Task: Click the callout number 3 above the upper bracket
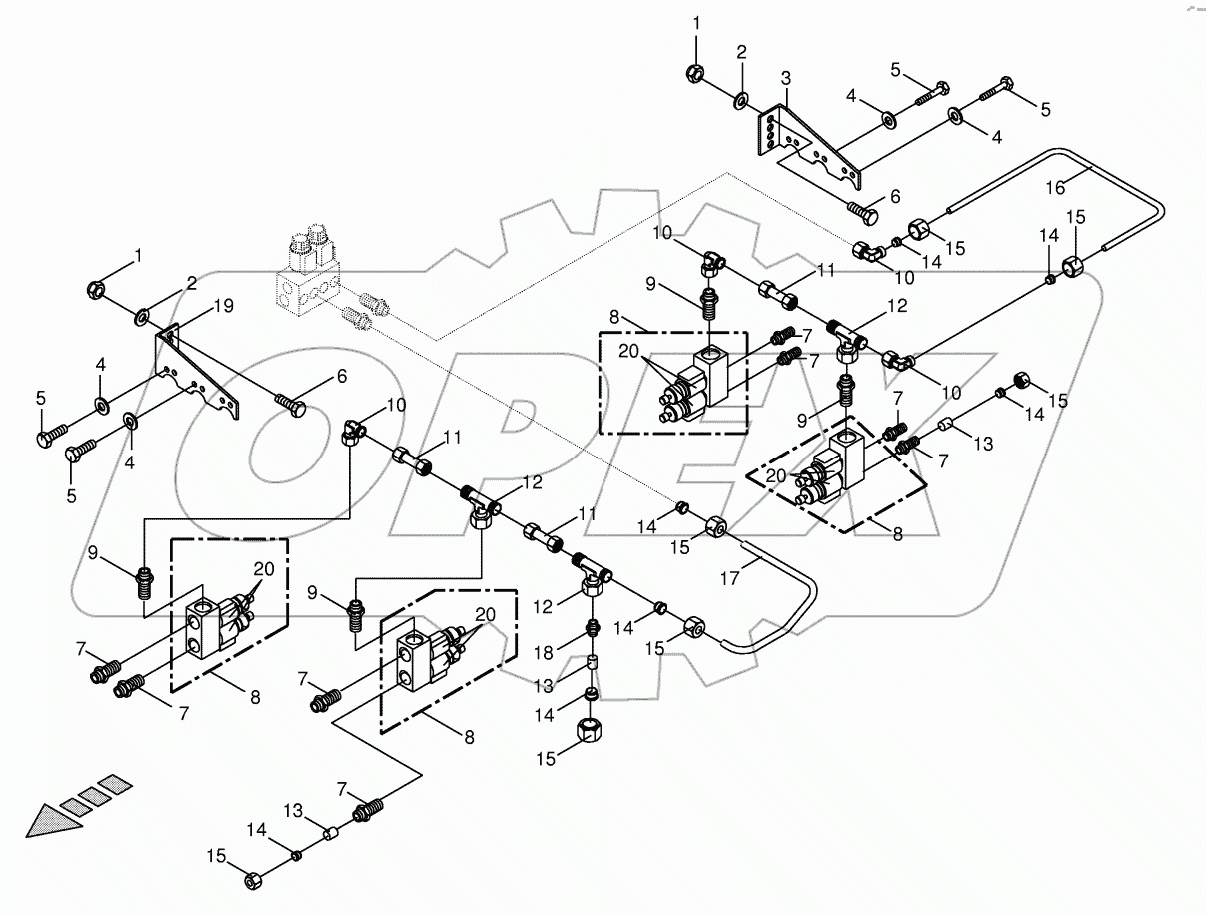point(785,77)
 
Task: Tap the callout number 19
point(225,306)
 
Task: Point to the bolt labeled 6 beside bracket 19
point(291,405)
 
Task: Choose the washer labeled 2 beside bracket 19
point(145,318)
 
